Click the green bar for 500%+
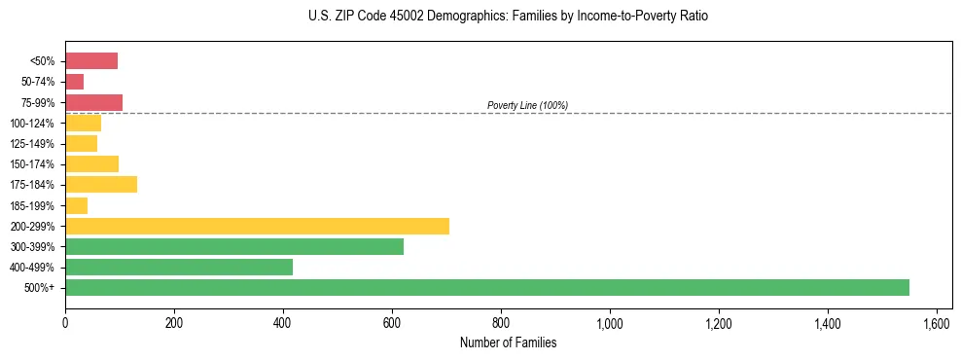(486, 287)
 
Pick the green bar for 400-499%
(178, 267)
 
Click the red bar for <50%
(90, 61)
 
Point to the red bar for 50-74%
(74, 82)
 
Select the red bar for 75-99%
(93, 102)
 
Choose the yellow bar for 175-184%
(100, 185)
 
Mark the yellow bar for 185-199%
(76, 205)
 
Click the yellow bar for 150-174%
(91, 163)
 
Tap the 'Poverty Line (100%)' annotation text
(527, 105)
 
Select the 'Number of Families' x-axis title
(508, 342)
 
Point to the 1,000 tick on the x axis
(610, 323)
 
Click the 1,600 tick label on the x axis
(936, 323)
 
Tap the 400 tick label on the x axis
(283, 323)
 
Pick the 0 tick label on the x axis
(65, 323)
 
